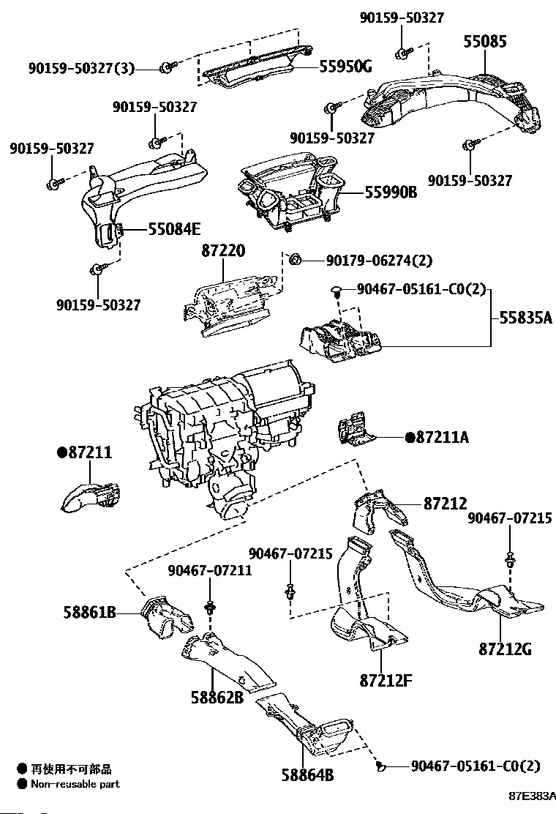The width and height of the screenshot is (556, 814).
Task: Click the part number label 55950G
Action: [345, 67]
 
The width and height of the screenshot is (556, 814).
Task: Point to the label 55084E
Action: [174, 229]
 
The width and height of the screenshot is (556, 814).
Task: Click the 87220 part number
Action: [223, 252]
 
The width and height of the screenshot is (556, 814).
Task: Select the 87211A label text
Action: [442, 437]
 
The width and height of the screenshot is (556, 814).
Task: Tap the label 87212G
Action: [505, 649]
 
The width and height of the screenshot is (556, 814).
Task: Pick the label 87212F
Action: [386, 680]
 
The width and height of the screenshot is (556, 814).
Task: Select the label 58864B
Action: [307, 773]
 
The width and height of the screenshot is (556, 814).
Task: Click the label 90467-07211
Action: [209, 570]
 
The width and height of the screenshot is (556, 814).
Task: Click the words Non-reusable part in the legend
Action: [75, 784]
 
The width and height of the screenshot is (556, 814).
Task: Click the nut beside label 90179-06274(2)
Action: [296, 259]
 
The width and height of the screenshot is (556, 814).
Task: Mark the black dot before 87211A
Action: [410, 437]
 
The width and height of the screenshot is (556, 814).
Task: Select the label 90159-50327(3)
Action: [82, 68]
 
